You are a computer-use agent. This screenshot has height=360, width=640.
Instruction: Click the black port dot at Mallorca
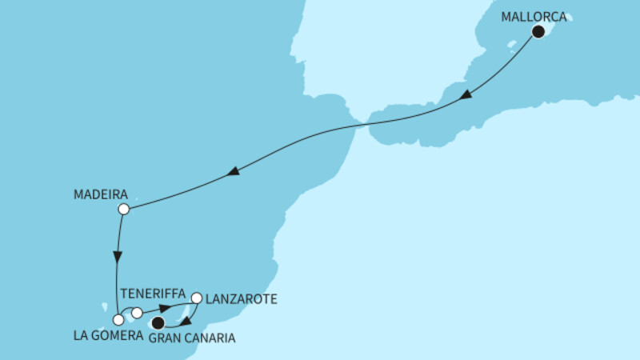[538, 33]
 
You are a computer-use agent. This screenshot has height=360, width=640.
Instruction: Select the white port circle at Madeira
[123, 210]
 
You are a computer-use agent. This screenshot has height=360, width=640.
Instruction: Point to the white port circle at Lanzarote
[197, 298]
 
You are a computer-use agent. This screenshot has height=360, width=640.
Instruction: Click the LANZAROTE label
[242, 299]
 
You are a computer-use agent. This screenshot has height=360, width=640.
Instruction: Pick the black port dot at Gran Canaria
[158, 323]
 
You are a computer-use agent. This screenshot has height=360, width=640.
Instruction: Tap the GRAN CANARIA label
[193, 338]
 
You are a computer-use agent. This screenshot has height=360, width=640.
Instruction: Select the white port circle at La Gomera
[118, 320]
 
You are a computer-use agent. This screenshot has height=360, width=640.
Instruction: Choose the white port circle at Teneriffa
[138, 313]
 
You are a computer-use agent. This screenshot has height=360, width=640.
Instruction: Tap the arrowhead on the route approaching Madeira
[233, 172]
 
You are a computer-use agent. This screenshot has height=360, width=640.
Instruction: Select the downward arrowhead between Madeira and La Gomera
[118, 258]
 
